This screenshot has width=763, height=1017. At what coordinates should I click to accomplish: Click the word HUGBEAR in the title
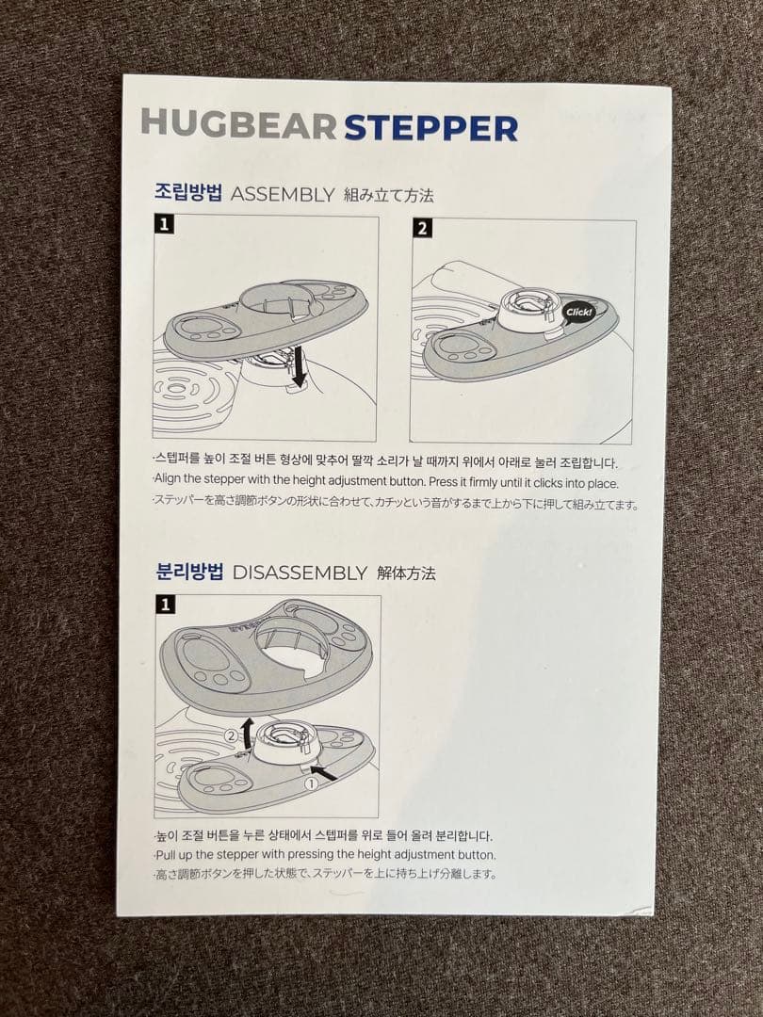238,122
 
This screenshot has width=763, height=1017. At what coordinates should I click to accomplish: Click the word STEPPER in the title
430,128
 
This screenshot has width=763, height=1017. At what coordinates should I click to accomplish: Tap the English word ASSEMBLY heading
283,194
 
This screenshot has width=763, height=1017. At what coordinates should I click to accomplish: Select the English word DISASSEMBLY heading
300,573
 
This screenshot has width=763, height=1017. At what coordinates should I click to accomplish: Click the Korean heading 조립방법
188,193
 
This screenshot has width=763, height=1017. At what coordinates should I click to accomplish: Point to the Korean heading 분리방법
190,572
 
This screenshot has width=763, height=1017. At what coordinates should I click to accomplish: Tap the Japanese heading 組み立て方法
388,195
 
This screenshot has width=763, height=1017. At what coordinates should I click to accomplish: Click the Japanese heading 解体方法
406,573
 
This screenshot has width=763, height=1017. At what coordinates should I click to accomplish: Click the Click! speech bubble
578,312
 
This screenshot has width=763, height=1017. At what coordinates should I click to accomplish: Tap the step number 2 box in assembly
422,228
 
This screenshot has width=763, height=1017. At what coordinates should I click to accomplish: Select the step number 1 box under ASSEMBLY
164,224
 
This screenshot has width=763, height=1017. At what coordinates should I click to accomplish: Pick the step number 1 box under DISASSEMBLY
166,605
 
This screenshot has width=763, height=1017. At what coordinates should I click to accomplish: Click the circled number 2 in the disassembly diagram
231,736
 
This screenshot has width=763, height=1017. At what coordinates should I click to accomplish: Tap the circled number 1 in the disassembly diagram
312,783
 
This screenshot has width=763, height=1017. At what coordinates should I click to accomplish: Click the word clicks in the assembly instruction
549,483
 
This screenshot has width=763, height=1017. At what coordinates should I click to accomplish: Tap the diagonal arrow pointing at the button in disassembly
323,772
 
